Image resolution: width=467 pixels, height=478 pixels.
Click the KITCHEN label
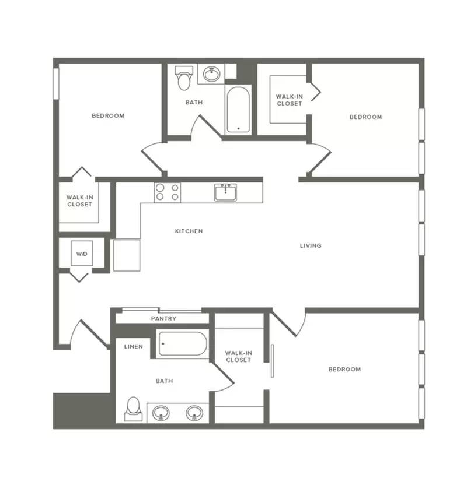point(189,231)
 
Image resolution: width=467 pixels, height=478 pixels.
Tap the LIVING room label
point(311,246)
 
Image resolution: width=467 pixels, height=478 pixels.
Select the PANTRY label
point(163,318)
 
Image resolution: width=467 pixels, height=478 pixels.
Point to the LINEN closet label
point(133,347)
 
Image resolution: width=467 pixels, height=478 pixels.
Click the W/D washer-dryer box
point(82,254)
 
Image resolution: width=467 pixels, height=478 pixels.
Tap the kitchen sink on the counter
point(225,192)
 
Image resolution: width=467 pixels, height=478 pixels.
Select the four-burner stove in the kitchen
point(168,192)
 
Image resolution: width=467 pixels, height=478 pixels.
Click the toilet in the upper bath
point(184,78)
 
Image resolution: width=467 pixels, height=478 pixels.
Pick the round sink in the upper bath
point(211,74)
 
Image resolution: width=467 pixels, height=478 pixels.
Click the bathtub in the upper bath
point(238,110)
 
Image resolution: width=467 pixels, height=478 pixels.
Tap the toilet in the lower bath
point(133,409)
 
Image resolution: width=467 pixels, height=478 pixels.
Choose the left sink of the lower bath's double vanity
point(161,413)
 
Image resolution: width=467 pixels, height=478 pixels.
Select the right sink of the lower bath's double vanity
point(194,413)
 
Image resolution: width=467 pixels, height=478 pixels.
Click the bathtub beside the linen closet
point(183,343)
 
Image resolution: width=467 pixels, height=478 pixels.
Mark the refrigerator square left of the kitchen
point(127,255)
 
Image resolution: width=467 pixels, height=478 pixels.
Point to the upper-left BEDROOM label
point(108,116)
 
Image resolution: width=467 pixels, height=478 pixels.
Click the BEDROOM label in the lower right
point(344,370)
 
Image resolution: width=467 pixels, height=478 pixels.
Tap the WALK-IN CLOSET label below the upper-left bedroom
point(80,201)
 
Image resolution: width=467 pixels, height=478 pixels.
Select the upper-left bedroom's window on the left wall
point(56,83)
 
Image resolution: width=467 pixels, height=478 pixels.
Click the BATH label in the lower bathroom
point(164,381)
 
